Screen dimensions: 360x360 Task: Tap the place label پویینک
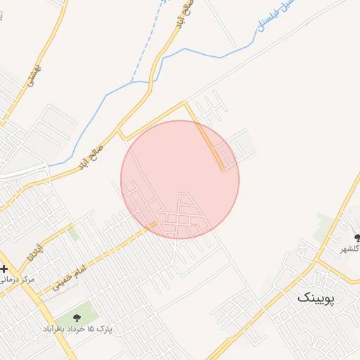(317, 297)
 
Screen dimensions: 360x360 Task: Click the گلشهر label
(351, 249)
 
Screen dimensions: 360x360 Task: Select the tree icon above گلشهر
(357, 238)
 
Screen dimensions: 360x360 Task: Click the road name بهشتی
(30, 76)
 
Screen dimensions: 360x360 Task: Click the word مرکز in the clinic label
(27, 280)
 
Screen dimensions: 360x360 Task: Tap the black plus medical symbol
(4, 269)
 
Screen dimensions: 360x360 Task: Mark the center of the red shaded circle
(180, 179)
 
